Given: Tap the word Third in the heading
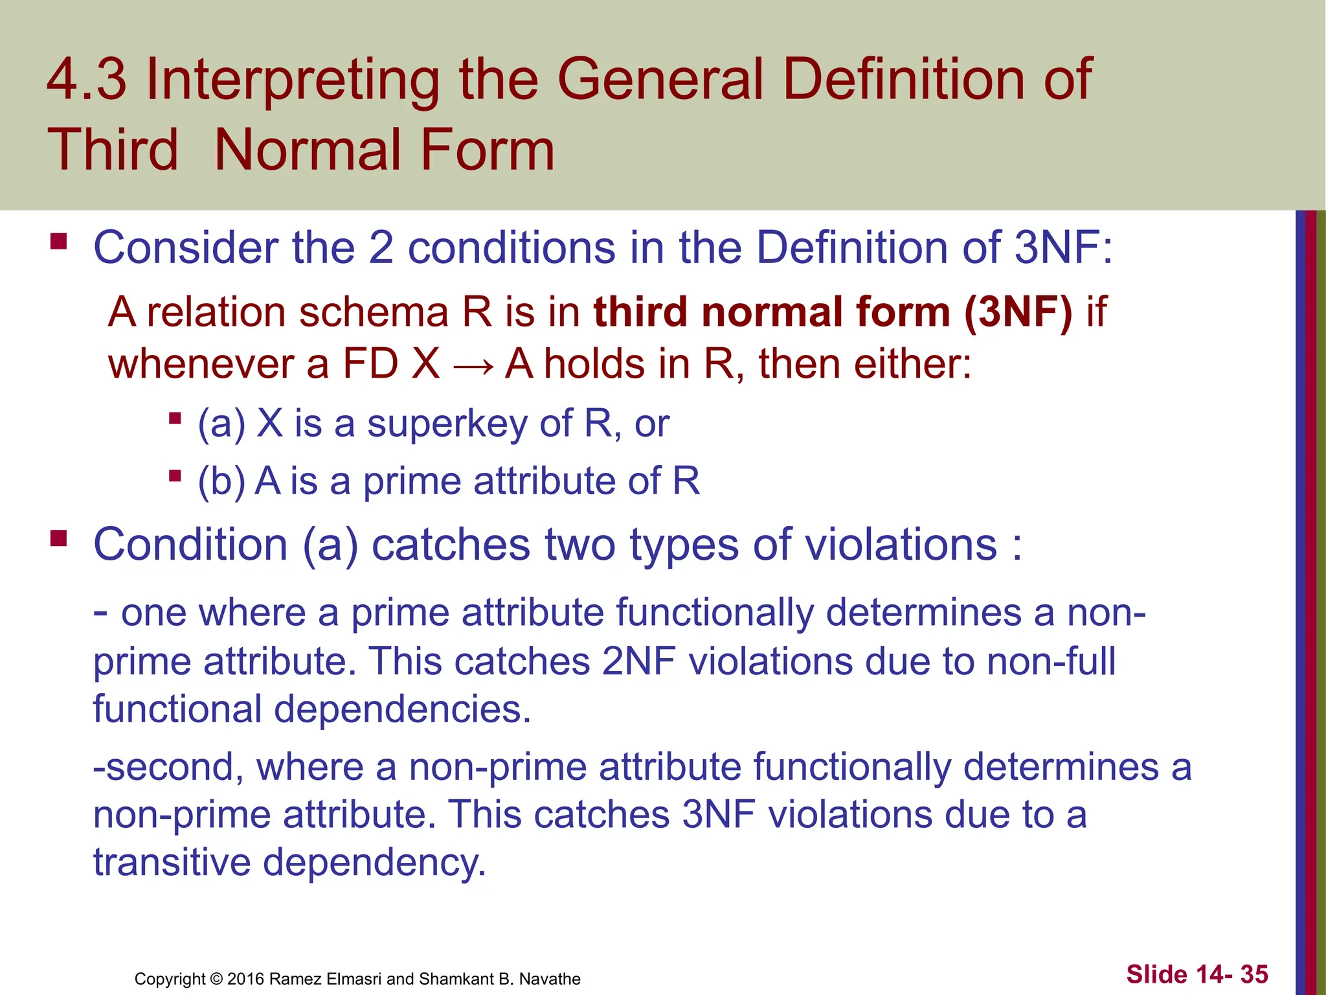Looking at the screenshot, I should point(112,150).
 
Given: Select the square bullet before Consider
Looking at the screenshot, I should point(59,243).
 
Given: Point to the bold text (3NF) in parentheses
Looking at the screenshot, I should point(1018,312).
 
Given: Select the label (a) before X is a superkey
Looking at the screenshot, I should point(221,424).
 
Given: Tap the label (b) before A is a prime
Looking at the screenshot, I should point(221,481).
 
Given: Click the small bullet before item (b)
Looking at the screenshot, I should point(174,477).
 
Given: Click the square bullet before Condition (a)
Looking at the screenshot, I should point(59,538).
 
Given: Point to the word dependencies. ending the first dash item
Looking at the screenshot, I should point(402,710).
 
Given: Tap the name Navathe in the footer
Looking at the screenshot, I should point(550,979).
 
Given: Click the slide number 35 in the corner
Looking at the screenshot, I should point(1254,974).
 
